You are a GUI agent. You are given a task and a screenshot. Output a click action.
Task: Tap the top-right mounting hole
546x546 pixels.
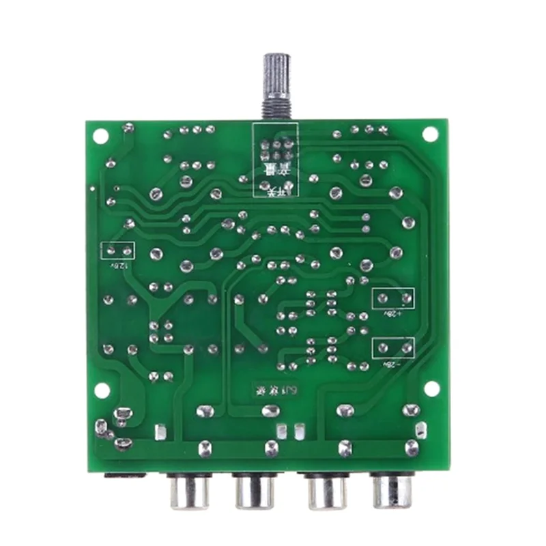[x=430, y=134]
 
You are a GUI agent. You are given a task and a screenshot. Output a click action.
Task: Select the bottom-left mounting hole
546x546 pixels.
[x=102, y=390]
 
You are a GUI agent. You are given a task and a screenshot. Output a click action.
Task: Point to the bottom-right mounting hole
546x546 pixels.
[x=431, y=388]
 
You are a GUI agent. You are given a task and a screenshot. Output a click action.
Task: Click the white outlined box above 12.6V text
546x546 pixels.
[x=117, y=250]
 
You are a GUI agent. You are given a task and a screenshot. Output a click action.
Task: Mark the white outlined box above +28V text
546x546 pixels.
[x=394, y=298]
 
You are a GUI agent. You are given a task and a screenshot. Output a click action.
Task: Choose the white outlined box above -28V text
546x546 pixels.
[x=394, y=348]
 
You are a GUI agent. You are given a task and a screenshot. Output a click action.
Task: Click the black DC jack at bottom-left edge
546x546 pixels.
[x=126, y=475]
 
